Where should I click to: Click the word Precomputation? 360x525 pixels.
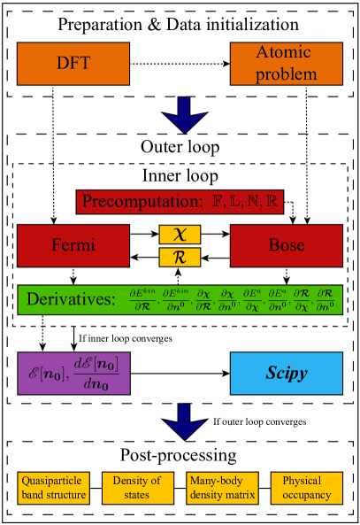pyautogui.click(x=137, y=202)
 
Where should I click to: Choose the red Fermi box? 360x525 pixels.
pyautogui.click(x=73, y=246)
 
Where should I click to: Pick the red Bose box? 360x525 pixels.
pyautogui.click(x=286, y=246)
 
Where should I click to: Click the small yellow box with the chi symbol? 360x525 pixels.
pyautogui.click(x=180, y=235)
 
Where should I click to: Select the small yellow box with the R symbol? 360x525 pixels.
pyautogui.click(x=180, y=258)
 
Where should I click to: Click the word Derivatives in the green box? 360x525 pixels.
pyautogui.click(x=71, y=299)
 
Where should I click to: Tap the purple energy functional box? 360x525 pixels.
pyautogui.click(x=73, y=373)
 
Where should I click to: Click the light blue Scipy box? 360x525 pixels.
pyautogui.click(x=286, y=373)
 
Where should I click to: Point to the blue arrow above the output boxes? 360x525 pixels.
pyautogui.click(x=185, y=421)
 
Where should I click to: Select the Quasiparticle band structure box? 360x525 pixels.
pyautogui.click(x=53, y=488)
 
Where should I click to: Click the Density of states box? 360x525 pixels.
pyautogui.click(x=137, y=488)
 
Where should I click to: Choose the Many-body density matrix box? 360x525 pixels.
pyautogui.click(x=222, y=488)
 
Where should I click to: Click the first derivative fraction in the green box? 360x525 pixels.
pyautogui.click(x=142, y=299)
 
